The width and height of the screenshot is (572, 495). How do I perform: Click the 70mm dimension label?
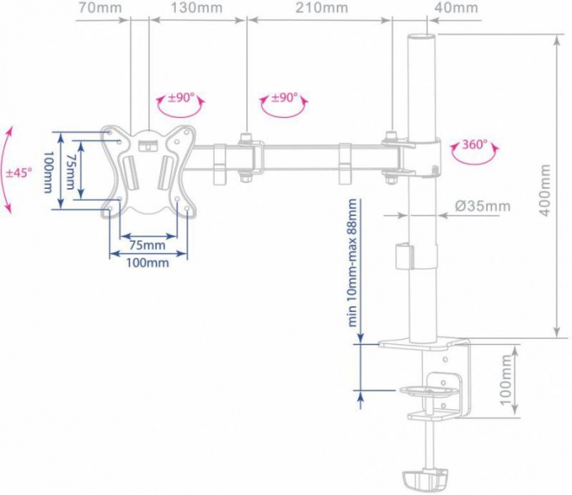coord(100,7)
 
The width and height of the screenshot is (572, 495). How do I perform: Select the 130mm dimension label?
coord(197,7)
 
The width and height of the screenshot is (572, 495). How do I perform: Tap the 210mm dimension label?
coord(321,7)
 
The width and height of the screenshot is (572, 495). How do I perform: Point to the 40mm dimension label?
coord(456,7)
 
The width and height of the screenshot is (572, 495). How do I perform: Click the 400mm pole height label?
coord(545,190)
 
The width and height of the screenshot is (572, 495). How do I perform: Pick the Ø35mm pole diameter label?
coord(483,206)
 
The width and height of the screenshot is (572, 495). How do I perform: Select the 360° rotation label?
coord(475,144)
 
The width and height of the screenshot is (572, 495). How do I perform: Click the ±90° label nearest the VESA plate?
coord(181,97)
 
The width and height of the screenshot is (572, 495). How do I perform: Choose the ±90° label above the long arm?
coord(285,97)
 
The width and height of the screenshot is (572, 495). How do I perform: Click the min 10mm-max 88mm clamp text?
coord(352,262)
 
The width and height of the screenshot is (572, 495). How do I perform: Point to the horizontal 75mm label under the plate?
coord(148,245)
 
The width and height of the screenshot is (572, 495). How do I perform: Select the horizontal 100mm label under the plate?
coord(148,262)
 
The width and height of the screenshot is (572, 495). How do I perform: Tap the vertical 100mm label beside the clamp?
coord(506,380)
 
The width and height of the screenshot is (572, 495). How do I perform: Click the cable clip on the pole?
coord(404,256)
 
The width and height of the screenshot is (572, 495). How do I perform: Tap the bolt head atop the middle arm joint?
coord(245,137)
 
